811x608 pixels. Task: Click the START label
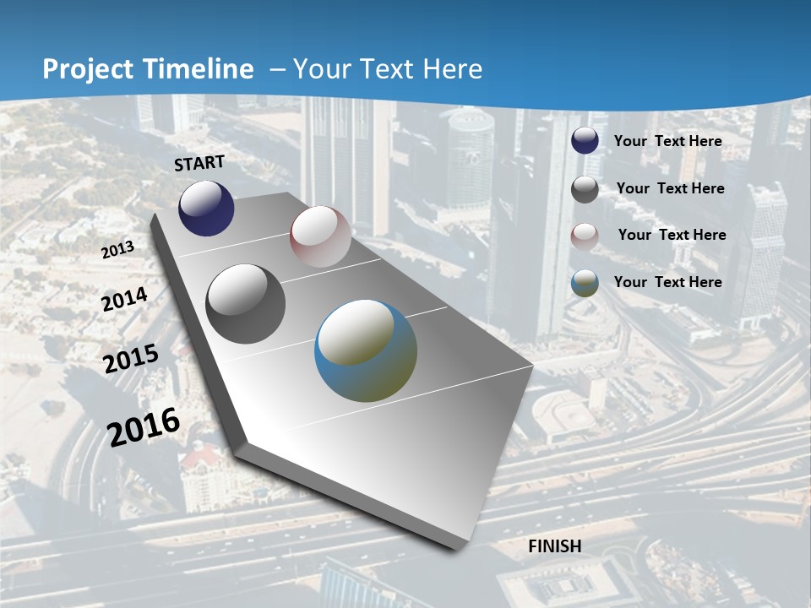coord(199,163)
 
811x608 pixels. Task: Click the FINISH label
coord(554,546)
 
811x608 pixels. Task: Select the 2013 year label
coord(117,250)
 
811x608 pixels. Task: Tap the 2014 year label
coord(124,300)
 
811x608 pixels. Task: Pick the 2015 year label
coord(130,359)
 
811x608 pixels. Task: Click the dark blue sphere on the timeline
coord(206,209)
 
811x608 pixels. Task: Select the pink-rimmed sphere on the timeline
coord(320,236)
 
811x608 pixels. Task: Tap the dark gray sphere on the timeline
coord(246,304)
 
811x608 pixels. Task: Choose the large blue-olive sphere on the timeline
coord(366,350)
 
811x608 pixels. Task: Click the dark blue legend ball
coord(585,141)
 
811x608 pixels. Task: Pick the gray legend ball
coord(585,189)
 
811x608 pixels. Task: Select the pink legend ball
coord(585,236)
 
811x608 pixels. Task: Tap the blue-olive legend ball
coord(585,283)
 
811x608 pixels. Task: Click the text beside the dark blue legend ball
coord(667,141)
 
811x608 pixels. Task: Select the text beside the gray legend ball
coord(670,188)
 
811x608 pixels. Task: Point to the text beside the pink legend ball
coord(672,235)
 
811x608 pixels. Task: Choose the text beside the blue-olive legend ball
coord(667,282)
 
